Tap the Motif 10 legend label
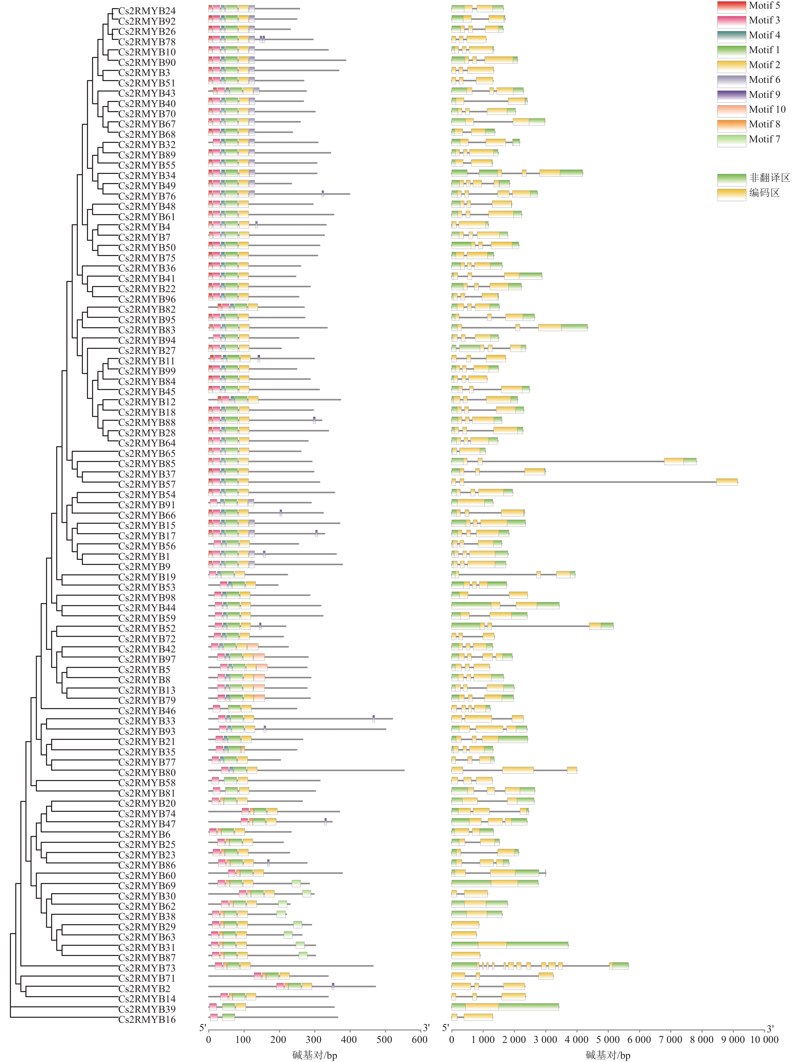767,110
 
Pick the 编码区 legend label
764,193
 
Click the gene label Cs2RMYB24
147,11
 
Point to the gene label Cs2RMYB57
147,484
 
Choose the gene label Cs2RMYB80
147,772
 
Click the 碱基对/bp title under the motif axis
315,1055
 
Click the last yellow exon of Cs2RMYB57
726,482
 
